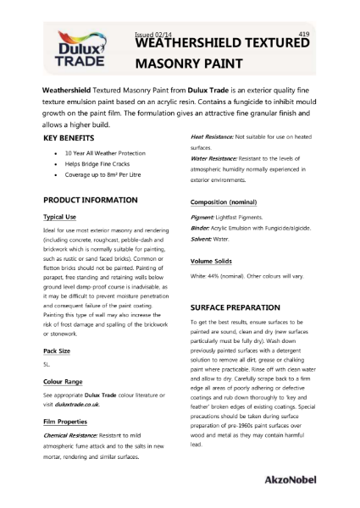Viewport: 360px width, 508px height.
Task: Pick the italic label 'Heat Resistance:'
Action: click(212, 136)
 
